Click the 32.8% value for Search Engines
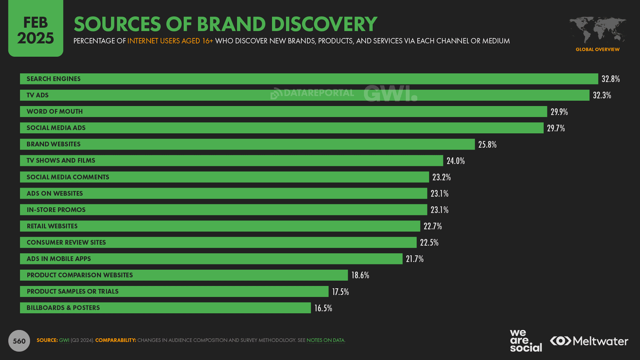(x=611, y=79)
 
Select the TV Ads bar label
(x=38, y=95)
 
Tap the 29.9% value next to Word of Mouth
(x=559, y=112)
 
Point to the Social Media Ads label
(x=56, y=128)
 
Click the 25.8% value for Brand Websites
(x=487, y=145)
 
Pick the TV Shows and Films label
(x=61, y=160)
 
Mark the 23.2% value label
(x=442, y=177)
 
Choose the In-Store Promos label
(x=56, y=210)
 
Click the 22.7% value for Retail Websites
(x=433, y=226)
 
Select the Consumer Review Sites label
(x=66, y=242)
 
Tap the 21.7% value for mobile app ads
(x=415, y=259)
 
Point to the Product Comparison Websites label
(x=80, y=275)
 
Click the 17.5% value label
(x=340, y=292)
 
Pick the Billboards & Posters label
(x=63, y=308)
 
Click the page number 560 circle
(x=19, y=341)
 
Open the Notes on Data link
(x=326, y=340)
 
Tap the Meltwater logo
(x=589, y=341)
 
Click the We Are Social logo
(x=526, y=341)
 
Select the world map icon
(x=597, y=30)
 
